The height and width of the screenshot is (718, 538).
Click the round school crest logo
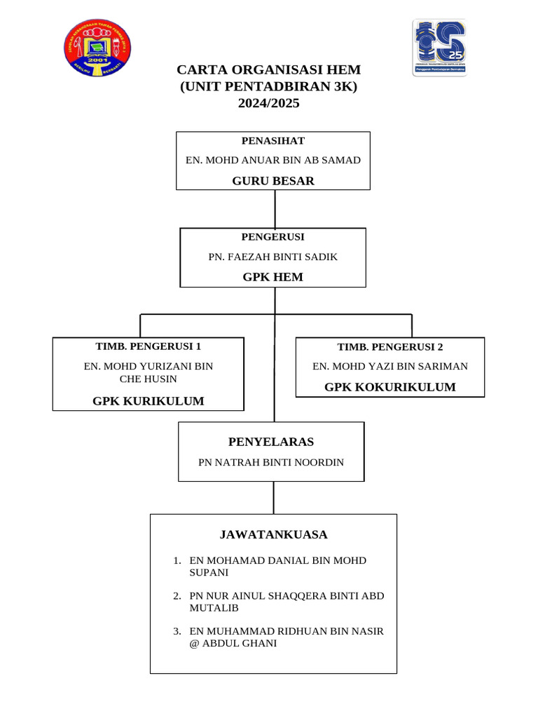(97, 49)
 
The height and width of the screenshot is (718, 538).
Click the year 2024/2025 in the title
(268, 103)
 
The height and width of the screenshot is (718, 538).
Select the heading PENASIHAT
(273, 141)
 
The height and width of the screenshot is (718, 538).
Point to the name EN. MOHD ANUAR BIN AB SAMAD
(273, 161)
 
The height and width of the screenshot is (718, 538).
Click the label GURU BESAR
(273, 181)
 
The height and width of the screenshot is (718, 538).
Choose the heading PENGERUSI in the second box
(273, 237)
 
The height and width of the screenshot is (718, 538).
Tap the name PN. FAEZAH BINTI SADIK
(273, 257)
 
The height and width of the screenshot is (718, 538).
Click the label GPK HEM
(273, 277)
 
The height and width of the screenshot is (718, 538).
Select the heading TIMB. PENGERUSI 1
(148, 346)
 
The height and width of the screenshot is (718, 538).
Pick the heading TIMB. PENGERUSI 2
(389, 347)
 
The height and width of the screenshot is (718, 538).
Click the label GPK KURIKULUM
(149, 401)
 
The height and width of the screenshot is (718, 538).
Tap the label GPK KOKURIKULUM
(389, 387)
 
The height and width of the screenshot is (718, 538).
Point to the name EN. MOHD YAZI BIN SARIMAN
(389, 366)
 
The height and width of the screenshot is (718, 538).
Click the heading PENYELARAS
(271, 442)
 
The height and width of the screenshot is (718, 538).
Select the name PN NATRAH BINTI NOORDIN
(271, 462)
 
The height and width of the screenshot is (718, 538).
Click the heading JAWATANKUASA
(273, 534)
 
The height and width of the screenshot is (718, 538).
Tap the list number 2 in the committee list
(177, 596)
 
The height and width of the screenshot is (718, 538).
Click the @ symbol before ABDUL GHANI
(194, 643)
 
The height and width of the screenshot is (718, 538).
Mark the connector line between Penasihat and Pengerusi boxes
(275, 209)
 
